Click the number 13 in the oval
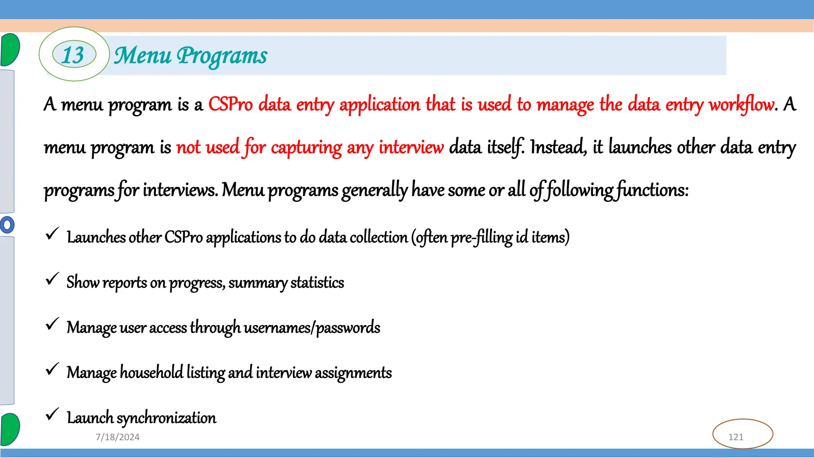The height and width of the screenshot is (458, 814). (x=74, y=54)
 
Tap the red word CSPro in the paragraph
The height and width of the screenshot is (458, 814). (x=231, y=105)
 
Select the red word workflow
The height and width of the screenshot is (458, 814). (x=742, y=105)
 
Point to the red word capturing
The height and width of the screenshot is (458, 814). (x=306, y=147)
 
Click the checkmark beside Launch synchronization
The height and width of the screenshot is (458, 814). (x=52, y=415)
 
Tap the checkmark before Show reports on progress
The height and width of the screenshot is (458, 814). (x=52, y=279)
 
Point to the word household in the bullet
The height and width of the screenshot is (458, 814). (x=151, y=373)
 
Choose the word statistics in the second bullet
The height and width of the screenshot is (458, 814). (x=317, y=283)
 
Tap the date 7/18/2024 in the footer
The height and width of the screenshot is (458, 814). (x=118, y=437)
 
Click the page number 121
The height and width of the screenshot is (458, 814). (x=736, y=437)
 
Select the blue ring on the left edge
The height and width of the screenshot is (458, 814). (x=7, y=225)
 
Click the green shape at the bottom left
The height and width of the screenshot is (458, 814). (x=10, y=429)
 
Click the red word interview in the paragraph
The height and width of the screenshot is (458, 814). (x=411, y=147)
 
